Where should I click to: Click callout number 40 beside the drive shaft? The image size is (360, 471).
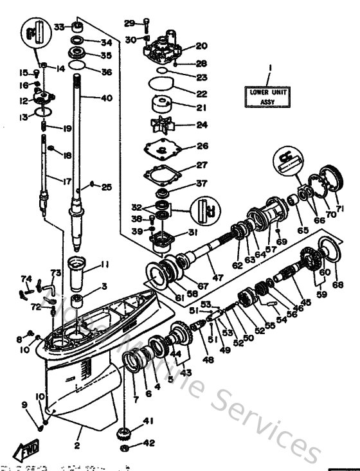[106, 98]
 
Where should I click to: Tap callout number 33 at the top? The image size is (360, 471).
[59, 27]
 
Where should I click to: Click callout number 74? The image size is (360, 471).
[26, 278]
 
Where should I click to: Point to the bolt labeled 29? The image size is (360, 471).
[147, 25]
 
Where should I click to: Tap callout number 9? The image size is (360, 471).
[24, 404]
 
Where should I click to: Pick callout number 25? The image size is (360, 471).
[107, 187]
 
